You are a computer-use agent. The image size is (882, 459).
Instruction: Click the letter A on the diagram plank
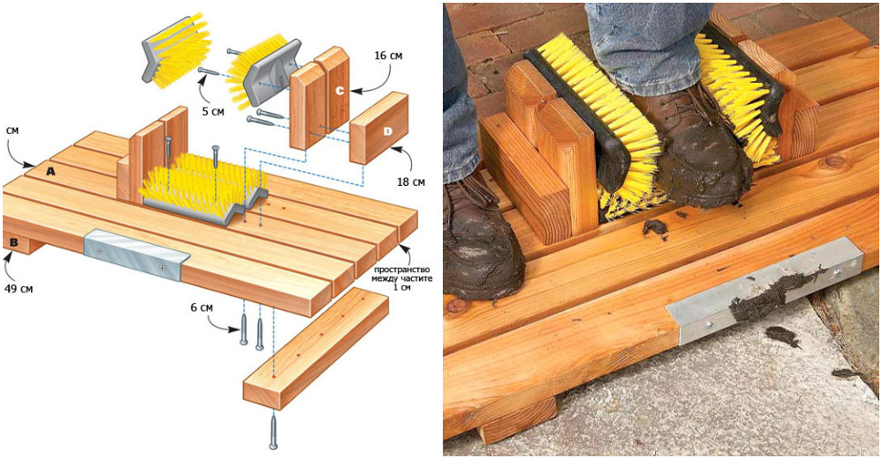[x=51, y=169]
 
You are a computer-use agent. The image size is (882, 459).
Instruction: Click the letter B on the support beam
[x=15, y=242]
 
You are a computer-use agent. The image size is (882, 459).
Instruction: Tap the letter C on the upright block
[x=338, y=91]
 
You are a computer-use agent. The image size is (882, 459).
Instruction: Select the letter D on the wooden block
[x=386, y=133]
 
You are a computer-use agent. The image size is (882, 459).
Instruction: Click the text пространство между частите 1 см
[x=396, y=278]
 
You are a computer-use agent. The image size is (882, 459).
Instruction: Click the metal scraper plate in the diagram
[x=136, y=254]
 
